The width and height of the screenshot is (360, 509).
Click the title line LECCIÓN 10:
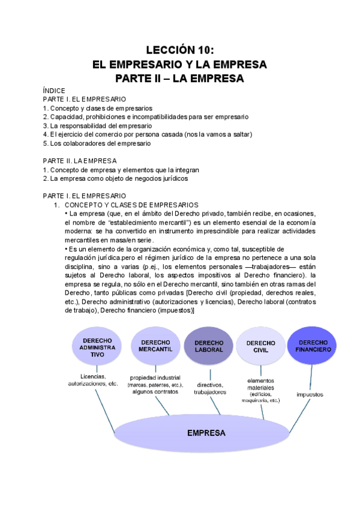pos(180,50)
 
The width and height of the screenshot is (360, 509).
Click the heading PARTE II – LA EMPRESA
pos(180,79)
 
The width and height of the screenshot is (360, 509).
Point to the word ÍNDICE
pos(53,91)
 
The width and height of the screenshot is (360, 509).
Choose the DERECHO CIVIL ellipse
pos(261,346)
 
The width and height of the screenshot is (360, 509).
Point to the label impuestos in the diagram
pos(310,394)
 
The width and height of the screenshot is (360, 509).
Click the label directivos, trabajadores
pos(210,388)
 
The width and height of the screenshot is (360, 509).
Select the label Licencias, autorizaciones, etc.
pos(93,379)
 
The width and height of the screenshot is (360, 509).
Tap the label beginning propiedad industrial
pos(153,384)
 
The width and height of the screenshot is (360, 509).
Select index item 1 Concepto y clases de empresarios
pos(97,108)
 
